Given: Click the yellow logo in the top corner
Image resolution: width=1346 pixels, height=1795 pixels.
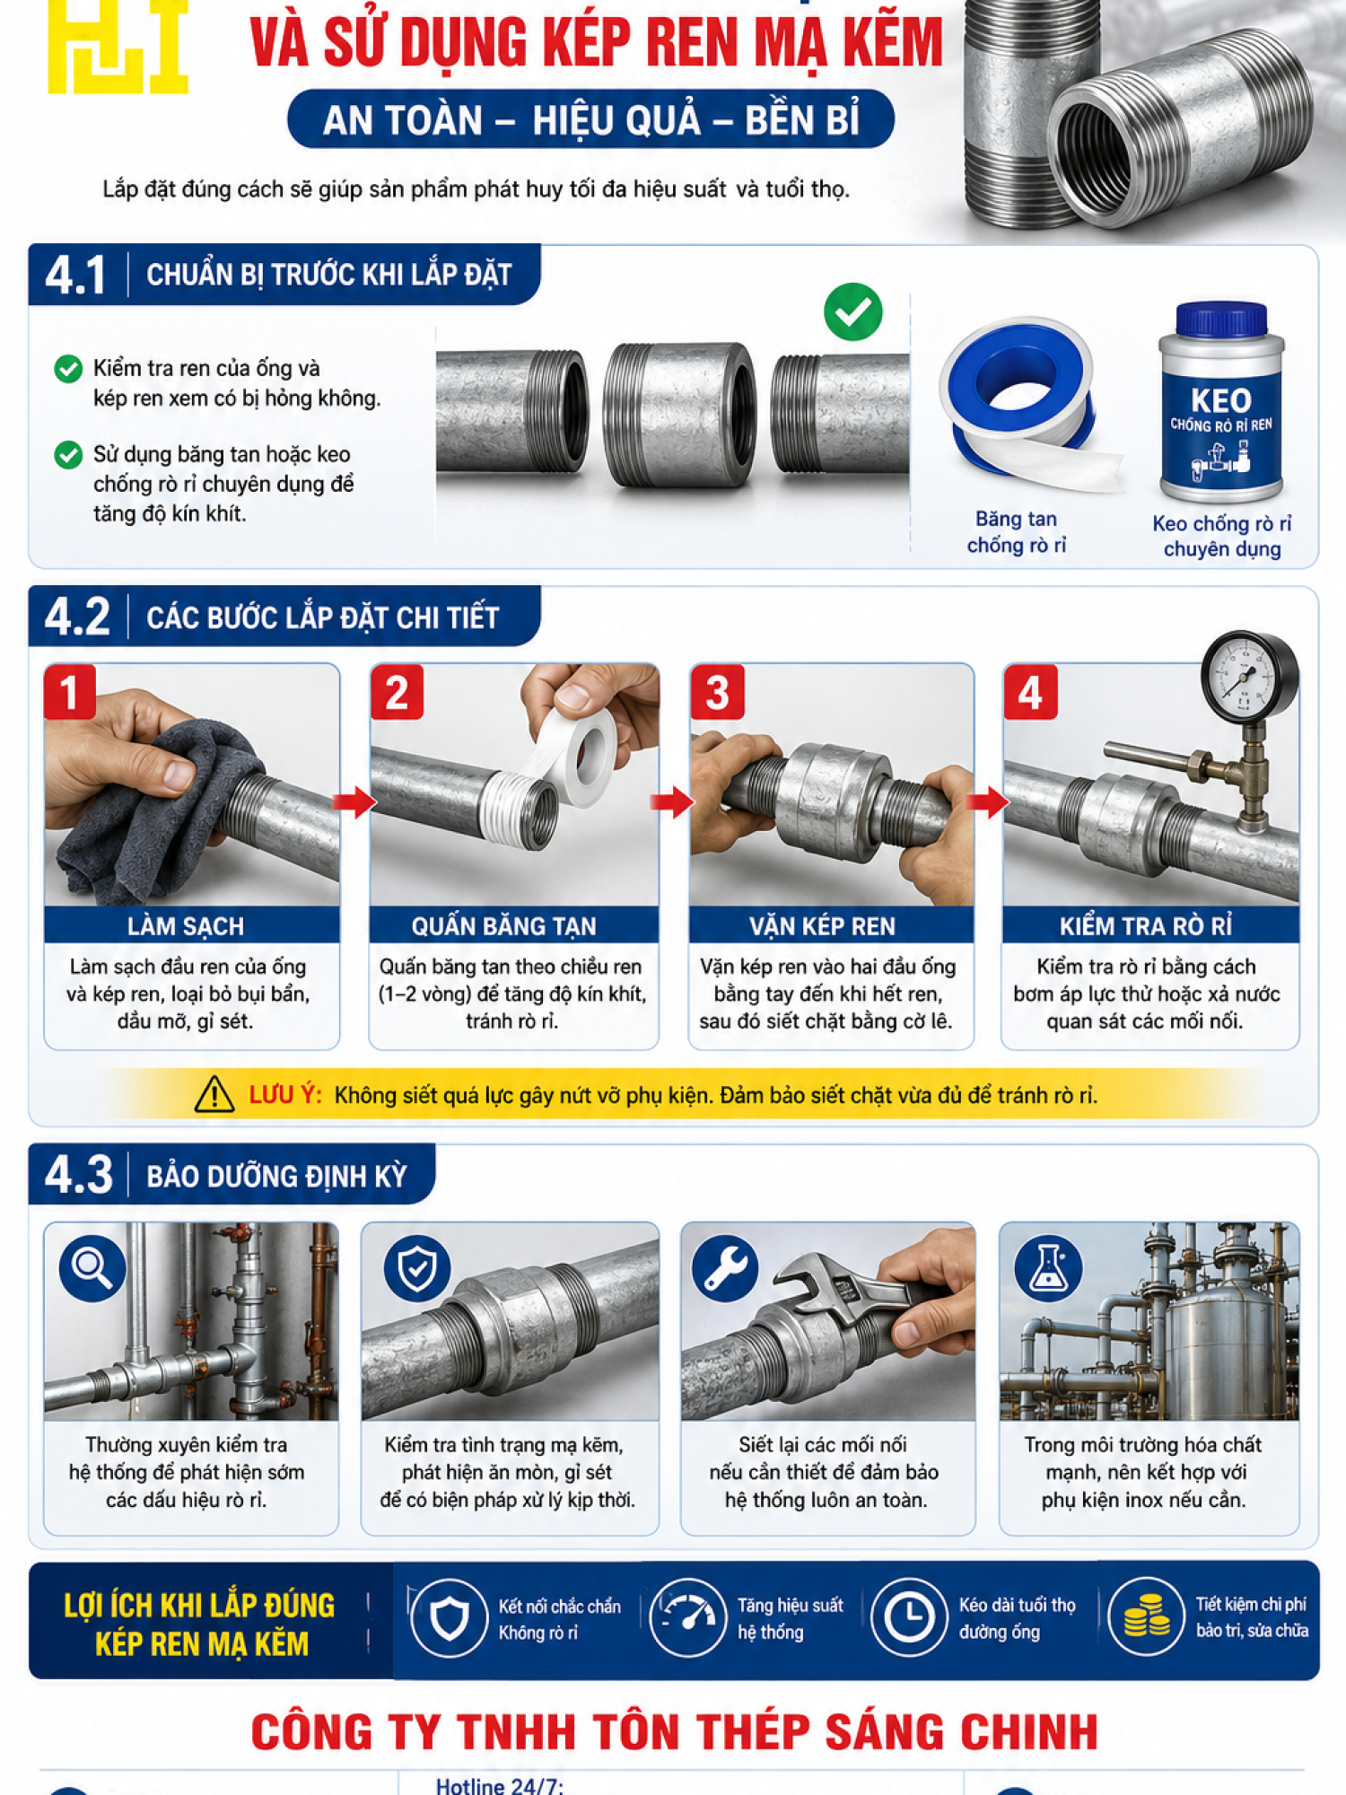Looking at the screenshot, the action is tap(118, 45).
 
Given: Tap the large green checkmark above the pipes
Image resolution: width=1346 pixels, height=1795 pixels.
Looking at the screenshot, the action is tap(852, 311).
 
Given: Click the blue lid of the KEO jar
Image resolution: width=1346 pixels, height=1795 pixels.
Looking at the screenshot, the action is tap(1220, 320).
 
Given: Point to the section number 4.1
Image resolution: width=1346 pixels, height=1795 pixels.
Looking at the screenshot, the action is tap(75, 276).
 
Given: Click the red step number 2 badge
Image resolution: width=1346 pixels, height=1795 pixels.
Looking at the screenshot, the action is tap(397, 692).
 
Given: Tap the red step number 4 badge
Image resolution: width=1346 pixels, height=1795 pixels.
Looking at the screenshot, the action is tap(1030, 692).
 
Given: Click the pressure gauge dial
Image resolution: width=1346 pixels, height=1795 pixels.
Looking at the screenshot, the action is tap(1250, 674).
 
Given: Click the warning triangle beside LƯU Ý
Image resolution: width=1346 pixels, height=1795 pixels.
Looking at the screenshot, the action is tap(214, 1094).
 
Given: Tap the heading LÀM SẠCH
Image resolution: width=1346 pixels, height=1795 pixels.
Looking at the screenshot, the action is tap(186, 926).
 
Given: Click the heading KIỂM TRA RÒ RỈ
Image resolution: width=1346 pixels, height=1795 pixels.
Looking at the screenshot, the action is tap(1146, 926).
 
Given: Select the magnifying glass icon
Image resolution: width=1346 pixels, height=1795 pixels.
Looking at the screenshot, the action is tap(92, 1268).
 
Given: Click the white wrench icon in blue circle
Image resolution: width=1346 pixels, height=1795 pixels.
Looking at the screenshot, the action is tap(725, 1268).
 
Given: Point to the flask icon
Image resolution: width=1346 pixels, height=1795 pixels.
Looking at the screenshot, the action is tap(1048, 1268).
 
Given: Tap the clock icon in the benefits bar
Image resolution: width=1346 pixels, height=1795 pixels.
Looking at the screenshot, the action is tap(908, 1617).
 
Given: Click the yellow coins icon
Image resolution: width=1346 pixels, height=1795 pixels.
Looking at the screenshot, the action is tap(1146, 1617).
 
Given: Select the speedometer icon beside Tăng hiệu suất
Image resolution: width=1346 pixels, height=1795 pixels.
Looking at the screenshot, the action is tap(686, 1617).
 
